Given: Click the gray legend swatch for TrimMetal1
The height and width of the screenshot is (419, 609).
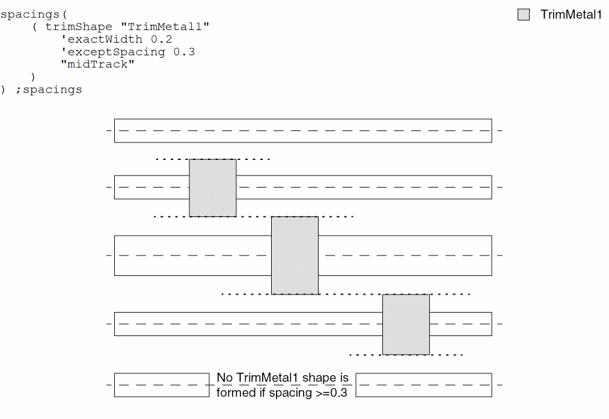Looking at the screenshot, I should [x=524, y=15].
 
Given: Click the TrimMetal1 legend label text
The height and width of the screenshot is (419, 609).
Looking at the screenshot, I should [x=571, y=15].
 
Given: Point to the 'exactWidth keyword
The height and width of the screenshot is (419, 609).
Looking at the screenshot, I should [x=102, y=39].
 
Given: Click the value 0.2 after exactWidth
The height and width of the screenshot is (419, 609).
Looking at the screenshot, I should [x=162, y=39].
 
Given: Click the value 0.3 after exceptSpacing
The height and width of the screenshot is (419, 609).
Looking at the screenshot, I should [x=185, y=52].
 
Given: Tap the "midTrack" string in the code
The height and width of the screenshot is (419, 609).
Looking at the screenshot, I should [x=98, y=64].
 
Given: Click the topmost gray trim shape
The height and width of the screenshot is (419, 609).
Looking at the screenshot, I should [x=213, y=188].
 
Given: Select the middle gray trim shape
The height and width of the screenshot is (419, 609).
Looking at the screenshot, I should [x=295, y=255].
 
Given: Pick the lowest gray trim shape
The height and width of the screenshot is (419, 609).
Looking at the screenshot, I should [x=406, y=324].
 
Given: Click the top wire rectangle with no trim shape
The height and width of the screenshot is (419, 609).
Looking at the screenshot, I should [x=303, y=130].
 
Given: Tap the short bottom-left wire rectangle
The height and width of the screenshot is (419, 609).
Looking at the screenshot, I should [x=162, y=385].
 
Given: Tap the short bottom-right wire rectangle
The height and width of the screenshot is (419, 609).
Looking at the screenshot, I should [x=424, y=385].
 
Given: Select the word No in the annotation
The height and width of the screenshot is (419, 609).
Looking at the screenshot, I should [x=224, y=378].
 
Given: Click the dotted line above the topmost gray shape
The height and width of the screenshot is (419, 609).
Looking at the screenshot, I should [x=213, y=159].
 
